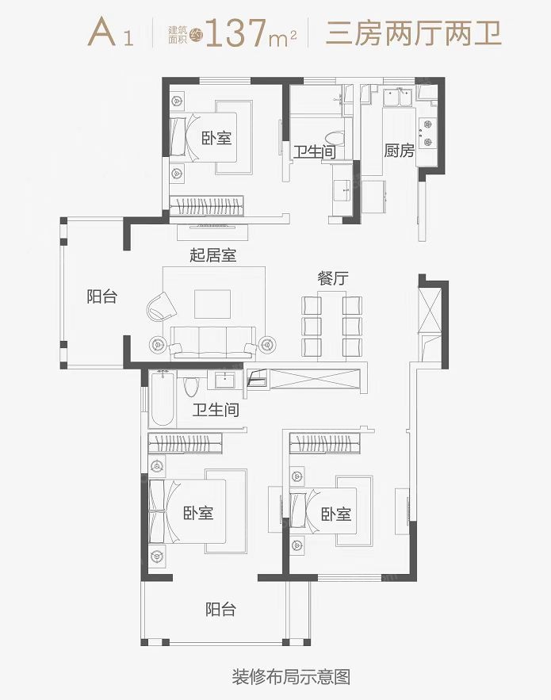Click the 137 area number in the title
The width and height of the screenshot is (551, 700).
coord(237,33)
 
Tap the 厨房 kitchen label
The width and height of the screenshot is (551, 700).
coord(400,151)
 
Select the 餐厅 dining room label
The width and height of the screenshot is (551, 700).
coord(333,278)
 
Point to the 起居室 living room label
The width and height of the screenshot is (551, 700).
coord(213,255)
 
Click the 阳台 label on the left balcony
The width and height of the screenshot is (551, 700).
coord(101,296)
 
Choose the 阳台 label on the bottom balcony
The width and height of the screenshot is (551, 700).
coord(220,610)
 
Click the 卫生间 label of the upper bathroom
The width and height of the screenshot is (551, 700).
coord(314,151)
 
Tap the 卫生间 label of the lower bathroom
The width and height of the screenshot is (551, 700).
coord(216,409)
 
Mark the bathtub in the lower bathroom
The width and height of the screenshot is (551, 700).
coord(162,398)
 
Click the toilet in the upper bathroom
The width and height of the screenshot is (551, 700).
coord(335,139)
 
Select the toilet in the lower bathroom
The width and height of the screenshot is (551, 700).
coord(190,387)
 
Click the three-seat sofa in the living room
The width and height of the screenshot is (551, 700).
coord(212,342)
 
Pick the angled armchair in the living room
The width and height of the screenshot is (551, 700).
coord(161,306)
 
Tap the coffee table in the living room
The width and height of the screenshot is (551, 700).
coord(212,304)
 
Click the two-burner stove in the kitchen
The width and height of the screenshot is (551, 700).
coord(426,133)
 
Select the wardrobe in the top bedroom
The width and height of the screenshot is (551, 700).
coord(207,206)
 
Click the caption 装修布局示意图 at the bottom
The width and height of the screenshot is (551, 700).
coord(291,677)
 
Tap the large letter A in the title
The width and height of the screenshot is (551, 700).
coord(102,33)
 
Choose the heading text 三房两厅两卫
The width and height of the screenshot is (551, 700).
coord(414,33)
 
